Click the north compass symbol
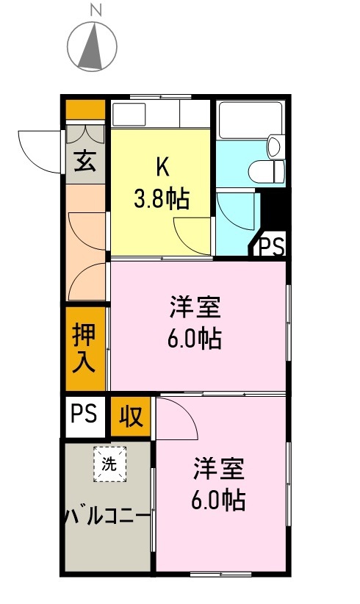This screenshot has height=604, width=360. pyautogui.click(x=92, y=46)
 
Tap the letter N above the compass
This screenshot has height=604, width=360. pyautogui.click(x=95, y=10)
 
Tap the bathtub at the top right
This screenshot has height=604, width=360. pyautogui.click(x=251, y=118)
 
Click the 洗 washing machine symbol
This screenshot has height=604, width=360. pyautogui.click(x=109, y=464)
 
